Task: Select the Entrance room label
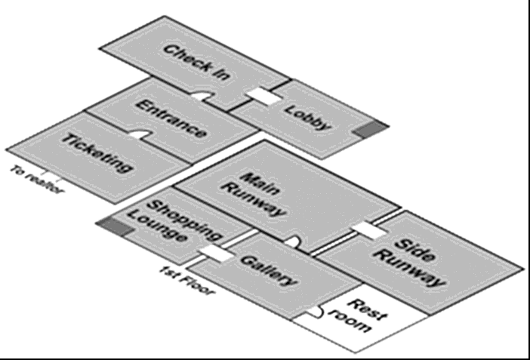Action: (x=172, y=119)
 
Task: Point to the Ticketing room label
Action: (x=97, y=153)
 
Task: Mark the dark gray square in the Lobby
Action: (x=369, y=130)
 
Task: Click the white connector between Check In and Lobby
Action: (x=264, y=96)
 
